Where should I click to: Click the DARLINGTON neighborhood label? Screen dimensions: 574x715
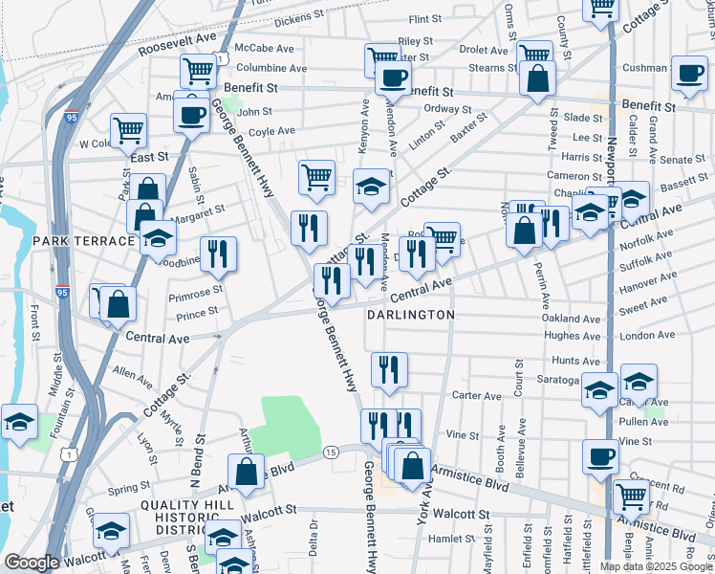point(410,314)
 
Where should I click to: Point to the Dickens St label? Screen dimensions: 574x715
point(299,19)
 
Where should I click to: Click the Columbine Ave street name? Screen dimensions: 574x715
point(271,68)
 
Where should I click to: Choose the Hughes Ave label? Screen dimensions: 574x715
point(572,336)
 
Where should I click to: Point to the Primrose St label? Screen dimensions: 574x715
point(195,291)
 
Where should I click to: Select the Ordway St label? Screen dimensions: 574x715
point(447,108)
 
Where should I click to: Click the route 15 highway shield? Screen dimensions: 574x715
point(332,452)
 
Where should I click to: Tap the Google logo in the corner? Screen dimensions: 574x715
point(32,563)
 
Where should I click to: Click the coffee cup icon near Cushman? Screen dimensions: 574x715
point(688,73)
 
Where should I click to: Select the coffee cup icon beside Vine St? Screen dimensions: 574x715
point(601,454)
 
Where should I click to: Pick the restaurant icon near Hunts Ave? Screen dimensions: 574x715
point(389,369)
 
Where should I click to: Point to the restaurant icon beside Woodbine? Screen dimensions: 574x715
point(219,254)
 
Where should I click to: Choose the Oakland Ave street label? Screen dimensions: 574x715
point(571,319)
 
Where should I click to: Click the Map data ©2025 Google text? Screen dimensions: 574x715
point(656,566)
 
